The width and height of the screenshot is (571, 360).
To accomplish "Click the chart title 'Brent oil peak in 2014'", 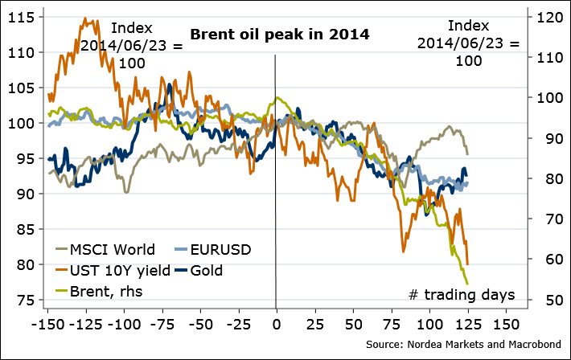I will pos(279,35).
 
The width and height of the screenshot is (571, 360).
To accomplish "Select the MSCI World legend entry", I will pos(112,249).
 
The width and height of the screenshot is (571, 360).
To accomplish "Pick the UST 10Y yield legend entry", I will pos(120,270).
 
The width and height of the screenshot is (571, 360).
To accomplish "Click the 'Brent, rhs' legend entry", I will pos(104,291).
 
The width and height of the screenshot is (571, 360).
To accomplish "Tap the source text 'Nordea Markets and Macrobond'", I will pos(480,345).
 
